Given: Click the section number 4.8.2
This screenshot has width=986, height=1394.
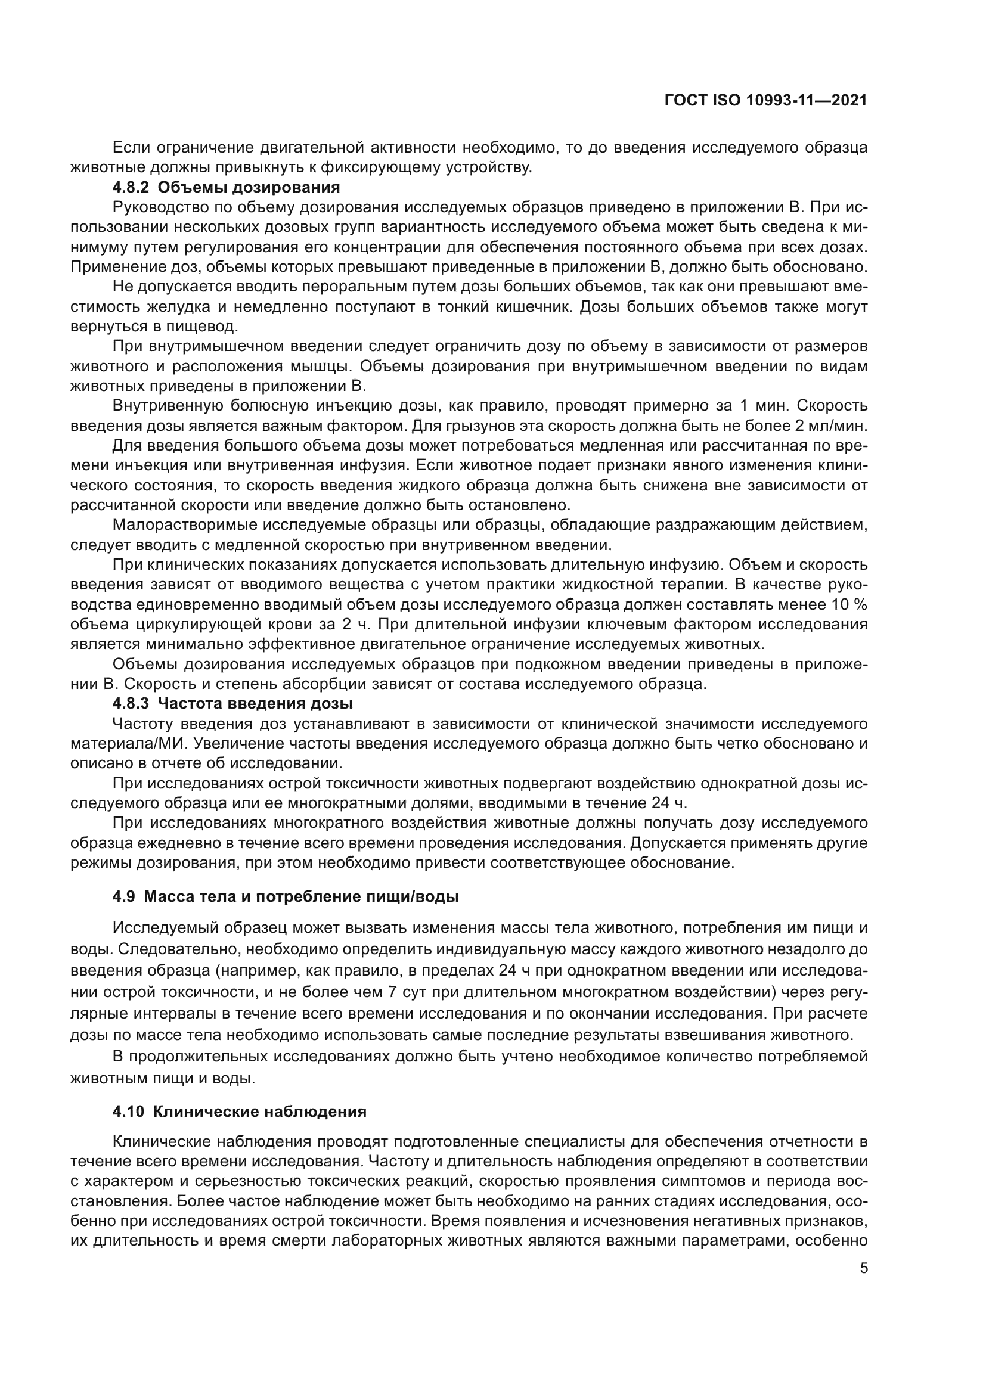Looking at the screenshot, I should [131, 187].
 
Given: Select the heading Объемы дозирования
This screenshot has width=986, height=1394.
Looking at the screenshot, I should [253, 187].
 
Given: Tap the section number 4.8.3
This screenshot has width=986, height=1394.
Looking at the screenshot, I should [131, 704].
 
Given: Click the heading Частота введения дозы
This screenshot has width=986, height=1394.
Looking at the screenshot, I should [260, 704].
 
